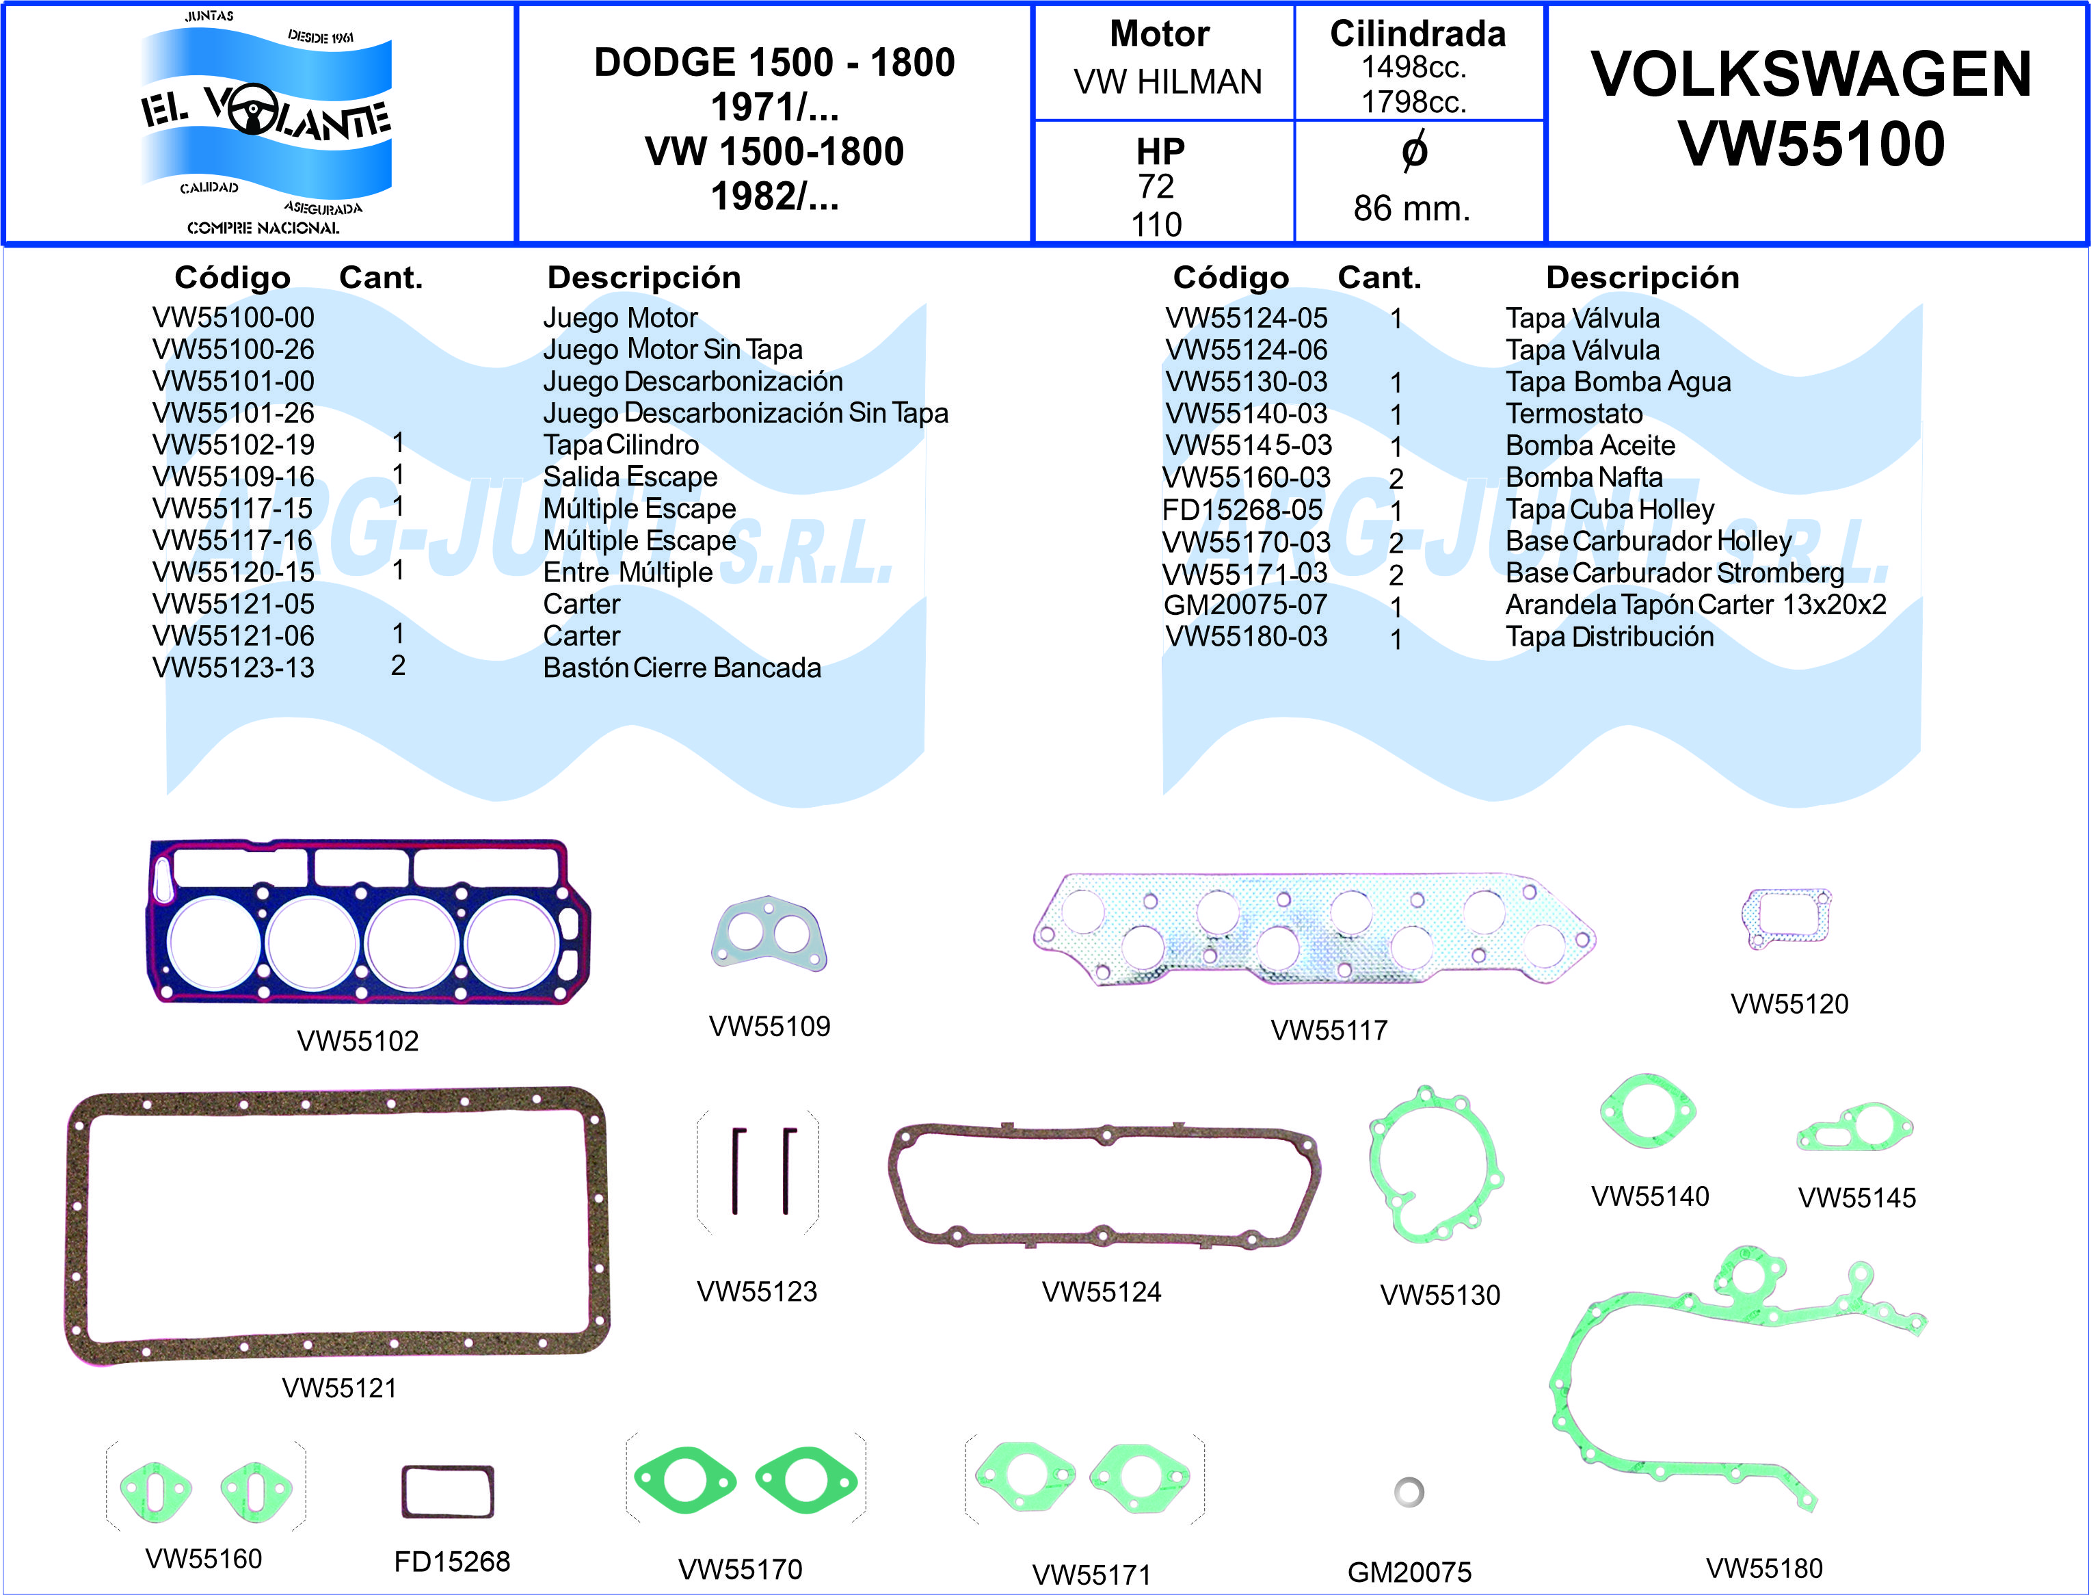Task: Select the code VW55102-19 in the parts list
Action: [x=233, y=445]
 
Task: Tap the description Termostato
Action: [x=1573, y=414]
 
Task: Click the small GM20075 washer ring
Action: [x=1409, y=1492]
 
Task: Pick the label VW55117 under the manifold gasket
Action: [x=1329, y=1030]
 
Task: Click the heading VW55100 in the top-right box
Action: [x=1811, y=144]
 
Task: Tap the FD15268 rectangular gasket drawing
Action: [x=447, y=1492]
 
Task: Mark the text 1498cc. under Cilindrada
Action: [x=1413, y=68]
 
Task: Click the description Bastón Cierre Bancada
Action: [x=682, y=668]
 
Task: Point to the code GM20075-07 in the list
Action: [x=1245, y=605]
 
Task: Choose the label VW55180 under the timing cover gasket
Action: [x=1763, y=1568]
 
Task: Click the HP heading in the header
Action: [x=1160, y=151]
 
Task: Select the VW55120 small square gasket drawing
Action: [x=1787, y=917]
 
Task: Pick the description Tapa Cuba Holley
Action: [x=1610, y=510]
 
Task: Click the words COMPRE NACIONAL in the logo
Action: [x=263, y=228]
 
